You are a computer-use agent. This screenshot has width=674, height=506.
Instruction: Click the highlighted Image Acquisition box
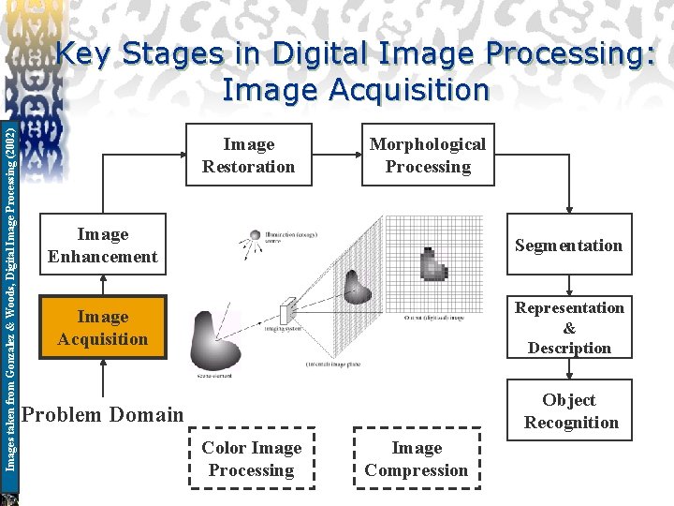(102, 328)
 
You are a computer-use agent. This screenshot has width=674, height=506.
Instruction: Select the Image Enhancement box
(102, 246)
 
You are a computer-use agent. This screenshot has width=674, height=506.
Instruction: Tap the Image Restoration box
(248, 156)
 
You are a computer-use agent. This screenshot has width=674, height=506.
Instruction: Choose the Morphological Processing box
(428, 156)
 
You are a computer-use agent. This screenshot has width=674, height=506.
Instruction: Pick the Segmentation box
(568, 246)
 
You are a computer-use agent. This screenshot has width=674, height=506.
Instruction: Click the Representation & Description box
(569, 328)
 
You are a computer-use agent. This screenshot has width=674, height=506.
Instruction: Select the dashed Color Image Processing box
(251, 459)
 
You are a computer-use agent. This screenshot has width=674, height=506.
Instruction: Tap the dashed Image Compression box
(417, 459)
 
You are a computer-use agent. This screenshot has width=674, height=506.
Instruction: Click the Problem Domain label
(102, 414)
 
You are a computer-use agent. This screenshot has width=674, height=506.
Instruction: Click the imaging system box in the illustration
(288, 309)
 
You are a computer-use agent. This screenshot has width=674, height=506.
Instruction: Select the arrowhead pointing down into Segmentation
(568, 212)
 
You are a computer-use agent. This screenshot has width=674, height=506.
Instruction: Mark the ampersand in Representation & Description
(569, 328)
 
